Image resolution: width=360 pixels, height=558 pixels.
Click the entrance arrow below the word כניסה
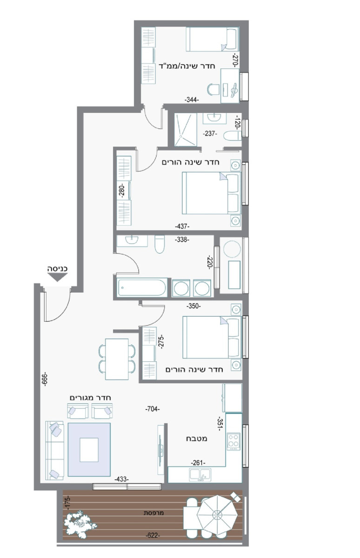58,278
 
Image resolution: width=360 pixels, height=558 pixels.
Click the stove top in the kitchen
233,440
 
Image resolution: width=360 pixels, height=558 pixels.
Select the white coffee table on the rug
89,450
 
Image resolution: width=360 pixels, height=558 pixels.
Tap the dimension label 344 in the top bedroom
191,100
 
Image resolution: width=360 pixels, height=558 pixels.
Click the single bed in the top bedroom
212,40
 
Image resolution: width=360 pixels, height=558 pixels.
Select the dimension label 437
182,226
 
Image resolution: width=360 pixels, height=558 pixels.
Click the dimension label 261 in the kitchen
198,463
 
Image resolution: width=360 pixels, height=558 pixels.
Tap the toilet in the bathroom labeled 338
160,244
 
